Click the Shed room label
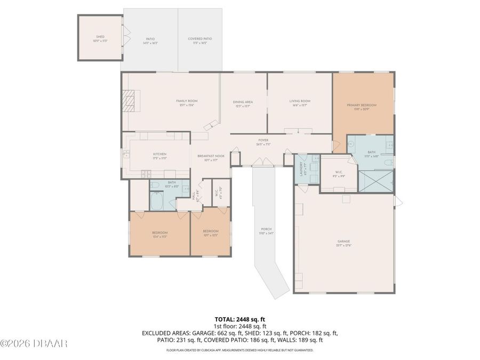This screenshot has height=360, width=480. (100, 38)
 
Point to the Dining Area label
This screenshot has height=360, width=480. (243, 103)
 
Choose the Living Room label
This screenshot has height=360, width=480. (300, 102)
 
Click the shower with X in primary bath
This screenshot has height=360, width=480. (376, 181)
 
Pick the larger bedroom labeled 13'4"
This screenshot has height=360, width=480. (159, 234)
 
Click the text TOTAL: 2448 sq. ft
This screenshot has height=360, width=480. (239, 318)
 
